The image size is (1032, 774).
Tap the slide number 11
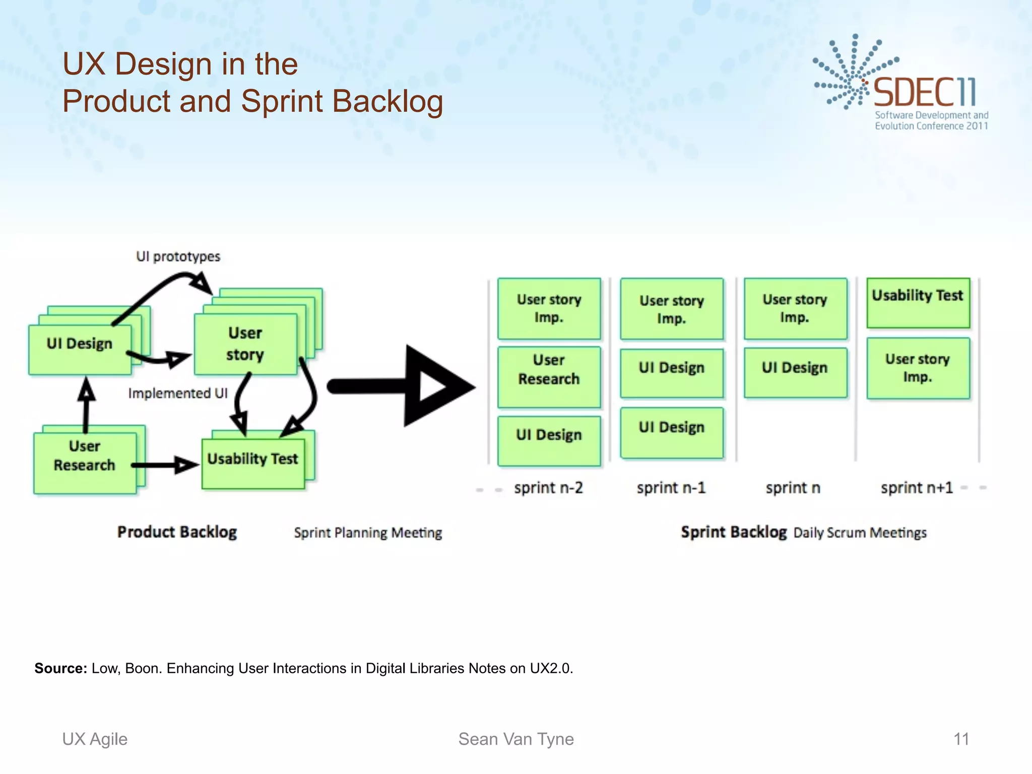tap(961, 739)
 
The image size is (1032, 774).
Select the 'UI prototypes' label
tap(178, 256)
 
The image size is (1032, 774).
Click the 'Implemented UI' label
tap(177, 393)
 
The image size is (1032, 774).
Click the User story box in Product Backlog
tap(245, 344)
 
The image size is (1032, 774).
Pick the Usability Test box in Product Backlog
tap(253, 463)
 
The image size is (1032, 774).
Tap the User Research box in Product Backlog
tap(85, 462)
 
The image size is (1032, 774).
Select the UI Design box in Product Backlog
tap(80, 349)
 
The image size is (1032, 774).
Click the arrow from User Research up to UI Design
tap(86, 406)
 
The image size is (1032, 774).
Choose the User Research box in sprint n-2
tap(549, 376)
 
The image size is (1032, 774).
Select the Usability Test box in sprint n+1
tap(918, 302)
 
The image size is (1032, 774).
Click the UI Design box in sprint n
tap(795, 372)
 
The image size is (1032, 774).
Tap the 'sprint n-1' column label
tap(671, 488)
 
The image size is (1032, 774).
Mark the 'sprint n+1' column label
tap(917, 488)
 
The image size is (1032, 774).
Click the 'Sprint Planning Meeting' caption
tap(368, 533)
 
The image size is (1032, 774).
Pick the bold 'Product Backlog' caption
tap(177, 532)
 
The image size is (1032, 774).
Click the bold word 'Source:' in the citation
tap(60, 668)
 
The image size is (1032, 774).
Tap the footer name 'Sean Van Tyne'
tap(515, 739)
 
